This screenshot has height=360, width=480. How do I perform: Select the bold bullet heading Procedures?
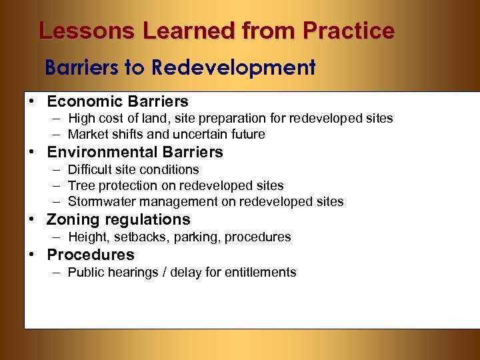[x=91, y=255]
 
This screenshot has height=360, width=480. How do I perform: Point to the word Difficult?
[x=90, y=169]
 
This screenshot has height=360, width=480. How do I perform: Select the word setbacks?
[x=138, y=237]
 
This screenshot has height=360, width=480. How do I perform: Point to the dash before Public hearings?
[x=53, y=272]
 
